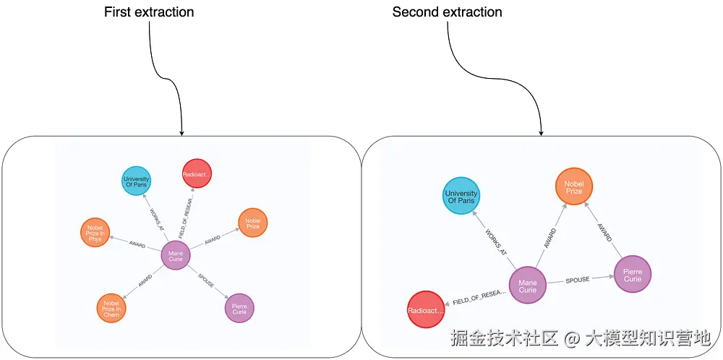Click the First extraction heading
[149, 12]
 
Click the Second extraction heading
[447, 12]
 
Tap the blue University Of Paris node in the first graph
[136, 180]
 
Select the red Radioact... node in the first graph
[196, 173]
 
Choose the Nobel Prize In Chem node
[111, 308]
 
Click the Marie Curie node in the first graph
[175, 255]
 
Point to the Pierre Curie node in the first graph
[239, 308]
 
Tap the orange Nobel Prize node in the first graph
[252, 223]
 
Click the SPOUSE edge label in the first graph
[206, 280]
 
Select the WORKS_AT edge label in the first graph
[156, 220]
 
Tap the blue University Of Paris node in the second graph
[461, 197]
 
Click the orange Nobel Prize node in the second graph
[574, 187]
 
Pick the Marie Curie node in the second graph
[528, 285]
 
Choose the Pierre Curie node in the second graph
[633, 275]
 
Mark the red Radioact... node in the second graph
[426, 310]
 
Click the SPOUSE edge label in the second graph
[577, 279]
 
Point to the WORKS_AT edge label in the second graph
[497, 241]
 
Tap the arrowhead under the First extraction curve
[181, 132]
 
